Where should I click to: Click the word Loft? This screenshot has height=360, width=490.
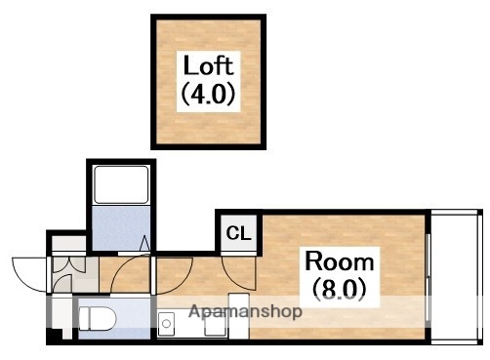(x=208, y=65)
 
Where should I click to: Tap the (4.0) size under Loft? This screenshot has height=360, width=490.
(x=208, y=94)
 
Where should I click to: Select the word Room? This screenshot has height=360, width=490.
(x=340, y=261)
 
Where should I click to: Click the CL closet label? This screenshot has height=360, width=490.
(x=239, y=233)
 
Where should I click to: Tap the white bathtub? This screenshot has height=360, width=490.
(x=121, y=184)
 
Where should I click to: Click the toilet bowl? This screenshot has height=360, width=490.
(x=98, y=319)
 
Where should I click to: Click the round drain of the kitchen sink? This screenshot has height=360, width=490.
(x=166, y=324)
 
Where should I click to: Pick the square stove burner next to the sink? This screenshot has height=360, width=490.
(x=215, y=324)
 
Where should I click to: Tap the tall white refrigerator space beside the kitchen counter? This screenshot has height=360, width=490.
(x=239, y=316)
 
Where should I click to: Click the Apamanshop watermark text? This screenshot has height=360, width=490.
(x=245, y=312)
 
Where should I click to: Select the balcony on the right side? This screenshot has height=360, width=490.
(x=457, y=277)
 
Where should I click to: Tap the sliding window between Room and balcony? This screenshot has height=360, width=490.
(x=429, y=280)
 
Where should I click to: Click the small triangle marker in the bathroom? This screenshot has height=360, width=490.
(x=144, y=243)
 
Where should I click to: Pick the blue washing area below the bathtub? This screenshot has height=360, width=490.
(x=121, y=228)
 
